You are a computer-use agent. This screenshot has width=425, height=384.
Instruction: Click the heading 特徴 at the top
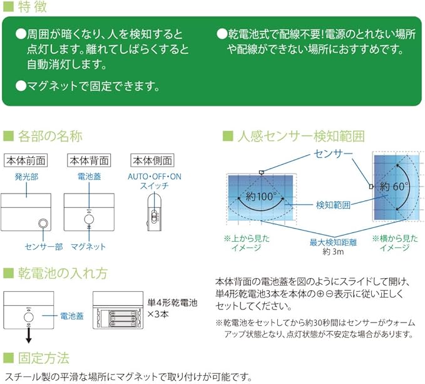(x=31, y=8)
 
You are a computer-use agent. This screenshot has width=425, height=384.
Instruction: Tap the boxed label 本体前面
(x=26, y=160)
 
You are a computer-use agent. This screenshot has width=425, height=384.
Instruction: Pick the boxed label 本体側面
(x=151, y=160)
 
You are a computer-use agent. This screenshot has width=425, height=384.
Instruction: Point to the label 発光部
(x=26, y=177)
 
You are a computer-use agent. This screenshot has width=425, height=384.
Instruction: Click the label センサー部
(x=43, y=247)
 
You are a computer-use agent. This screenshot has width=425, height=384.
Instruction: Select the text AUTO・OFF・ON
(x=154, y=177)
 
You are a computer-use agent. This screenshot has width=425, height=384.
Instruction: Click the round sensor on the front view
(x=43, y=223)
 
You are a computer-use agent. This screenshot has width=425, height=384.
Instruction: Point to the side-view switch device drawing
(x=154, y=213)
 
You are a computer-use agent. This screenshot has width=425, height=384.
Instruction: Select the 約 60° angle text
(x=394, y=186)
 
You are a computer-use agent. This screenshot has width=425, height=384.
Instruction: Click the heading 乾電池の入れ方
(x=63, y=273)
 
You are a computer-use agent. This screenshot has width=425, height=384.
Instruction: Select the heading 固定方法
(x=43, y=358)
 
